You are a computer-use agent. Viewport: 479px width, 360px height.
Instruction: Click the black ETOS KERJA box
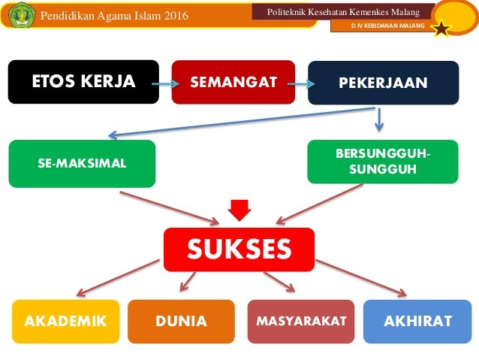pyautogui.click(x=83, y=82)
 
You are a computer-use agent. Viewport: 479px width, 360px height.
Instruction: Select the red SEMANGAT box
pyautogui.click(x=233, y=82)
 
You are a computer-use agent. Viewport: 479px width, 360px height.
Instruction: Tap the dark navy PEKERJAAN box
pyautogui.click(x=383, y=82)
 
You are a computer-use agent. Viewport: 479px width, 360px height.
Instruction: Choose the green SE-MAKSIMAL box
pyautogui.click(x=82, y=163)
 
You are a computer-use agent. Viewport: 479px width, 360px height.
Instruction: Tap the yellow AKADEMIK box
pyautogui.click(x=65, y=321)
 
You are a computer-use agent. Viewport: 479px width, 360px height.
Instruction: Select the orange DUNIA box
pyautogui.click(x=181, y=321)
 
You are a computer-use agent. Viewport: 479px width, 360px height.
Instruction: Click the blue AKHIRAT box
pyautogui.click(x=417, y=321)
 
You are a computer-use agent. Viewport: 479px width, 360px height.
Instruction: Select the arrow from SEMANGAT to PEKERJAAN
pyautogui.click(x=300, y=83)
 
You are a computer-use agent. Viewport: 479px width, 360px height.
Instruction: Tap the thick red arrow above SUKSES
pyautogui.click(x=239, y=210)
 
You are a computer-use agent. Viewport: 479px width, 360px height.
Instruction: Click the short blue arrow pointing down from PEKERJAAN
pyautogui.click(x=380, y=118)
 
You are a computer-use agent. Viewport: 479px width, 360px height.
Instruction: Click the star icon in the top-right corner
pyautogui.click(x=441, y=29)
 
